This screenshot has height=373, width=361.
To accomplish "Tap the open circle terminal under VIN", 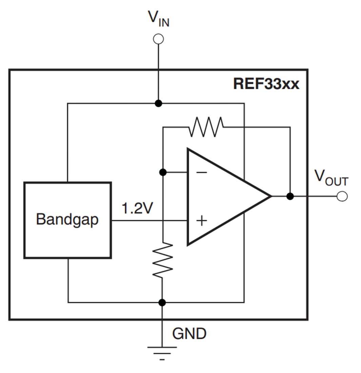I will (158, 39).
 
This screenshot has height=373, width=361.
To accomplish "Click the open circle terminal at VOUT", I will (342, 196).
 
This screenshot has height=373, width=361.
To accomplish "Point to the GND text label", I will (189, 334).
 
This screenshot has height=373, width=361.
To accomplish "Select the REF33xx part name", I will (266, 84).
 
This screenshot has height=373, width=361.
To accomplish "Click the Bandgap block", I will (67, 220).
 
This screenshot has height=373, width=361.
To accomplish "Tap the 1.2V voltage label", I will (137, 209).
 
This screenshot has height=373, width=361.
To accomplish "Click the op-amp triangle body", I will (224, 197).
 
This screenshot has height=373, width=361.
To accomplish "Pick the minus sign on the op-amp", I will (201, 173).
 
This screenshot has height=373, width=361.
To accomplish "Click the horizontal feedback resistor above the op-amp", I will (206, 127).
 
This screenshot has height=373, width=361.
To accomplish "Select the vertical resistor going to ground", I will (163, 260).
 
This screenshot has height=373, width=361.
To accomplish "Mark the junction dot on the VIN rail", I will (158, 103).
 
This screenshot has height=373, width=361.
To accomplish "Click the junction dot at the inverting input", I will (163, 172).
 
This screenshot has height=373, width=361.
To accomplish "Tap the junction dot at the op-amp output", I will (290, 196).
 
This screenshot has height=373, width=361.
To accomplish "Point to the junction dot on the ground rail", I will (162, 302).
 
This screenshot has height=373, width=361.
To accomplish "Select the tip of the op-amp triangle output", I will (270, 196).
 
